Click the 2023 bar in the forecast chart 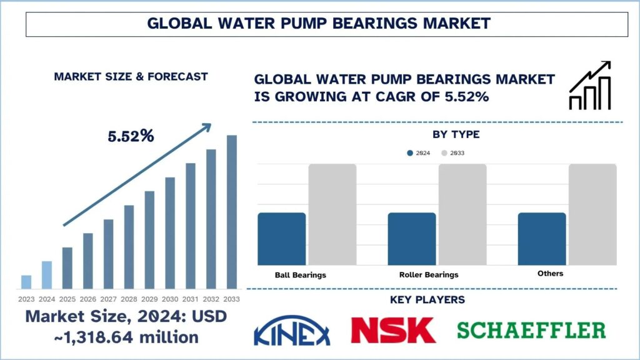pyautogui.click(x=26, y=282)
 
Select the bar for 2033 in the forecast pyautogui.click(x=232, y=212)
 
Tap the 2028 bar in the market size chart pyautogui.click(x=129, y=247)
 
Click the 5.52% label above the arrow pyautogui.click(x=131, y=136)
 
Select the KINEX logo pyautogui.click(x=292, y=331)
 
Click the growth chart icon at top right pyautogui.click(x=589, y=86)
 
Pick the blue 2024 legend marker pyautogui.click(x=410, y=153)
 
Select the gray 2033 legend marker pyautogui.click(x=444, y=153)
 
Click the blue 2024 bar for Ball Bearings pyautogui.click(x=281, y=239)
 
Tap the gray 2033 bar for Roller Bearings pyautogui.click(x=462, y=214)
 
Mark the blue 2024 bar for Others pyautogui.click(x=541, y=239)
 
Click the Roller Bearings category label pyautogui.click(x=428, y=274)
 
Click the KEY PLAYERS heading pyautogui.click(x=427, y=300)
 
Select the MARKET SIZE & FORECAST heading pyautogui.click(x=131, y=77)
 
